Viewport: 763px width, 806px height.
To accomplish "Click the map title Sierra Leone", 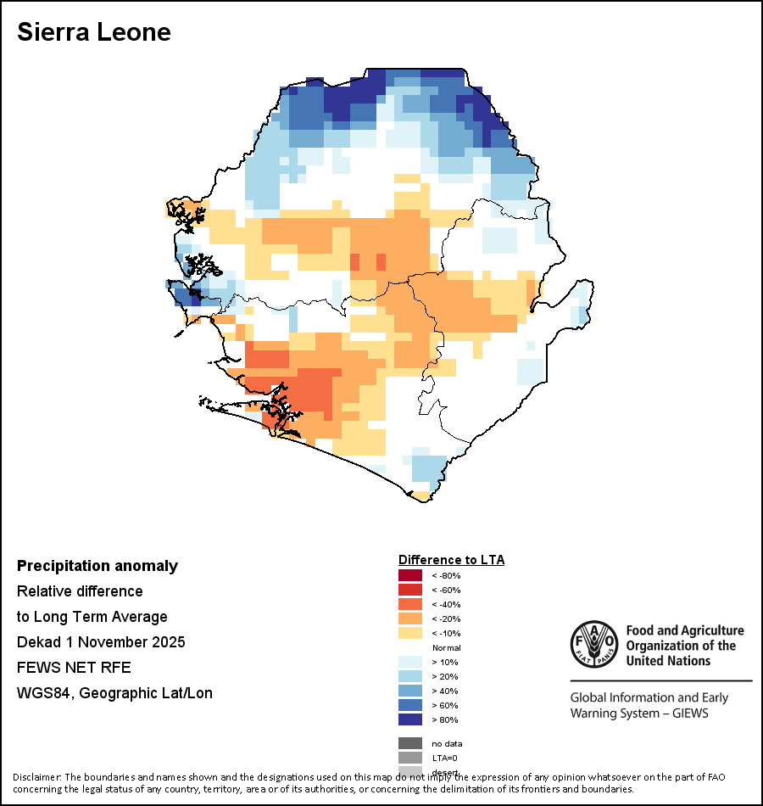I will (x=94, y=32).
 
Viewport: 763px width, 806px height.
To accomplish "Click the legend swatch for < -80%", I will (x=410, y=576).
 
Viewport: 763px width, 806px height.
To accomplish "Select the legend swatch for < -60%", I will (x=410, y=591).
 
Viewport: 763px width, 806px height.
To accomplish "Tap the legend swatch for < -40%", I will (x=410, y=605).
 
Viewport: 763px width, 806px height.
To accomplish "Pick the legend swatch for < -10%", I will (x=410, y=634).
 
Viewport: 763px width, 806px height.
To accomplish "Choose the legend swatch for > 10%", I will (x=410, y=663).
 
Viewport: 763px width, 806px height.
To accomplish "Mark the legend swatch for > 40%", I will (x=410, y=691).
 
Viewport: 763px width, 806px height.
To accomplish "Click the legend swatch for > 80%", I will (x=410, y=720).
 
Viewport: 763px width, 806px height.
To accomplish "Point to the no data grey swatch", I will (x=410, y=743).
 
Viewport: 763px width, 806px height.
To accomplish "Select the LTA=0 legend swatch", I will (x=410, y=758).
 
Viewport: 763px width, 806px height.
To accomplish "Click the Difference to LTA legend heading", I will (x=451, y=560).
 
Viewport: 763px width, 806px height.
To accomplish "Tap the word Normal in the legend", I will (x=446, y=648).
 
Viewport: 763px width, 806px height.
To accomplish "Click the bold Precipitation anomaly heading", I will (x=97, y=566).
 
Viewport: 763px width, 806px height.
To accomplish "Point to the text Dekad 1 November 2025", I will (x=101, y=642).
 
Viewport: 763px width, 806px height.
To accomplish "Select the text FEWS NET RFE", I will (x=74, y=668).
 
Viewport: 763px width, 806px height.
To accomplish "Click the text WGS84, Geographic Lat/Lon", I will (x=114, y=693).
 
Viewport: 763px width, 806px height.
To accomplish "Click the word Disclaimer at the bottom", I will (x=37, y=777).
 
